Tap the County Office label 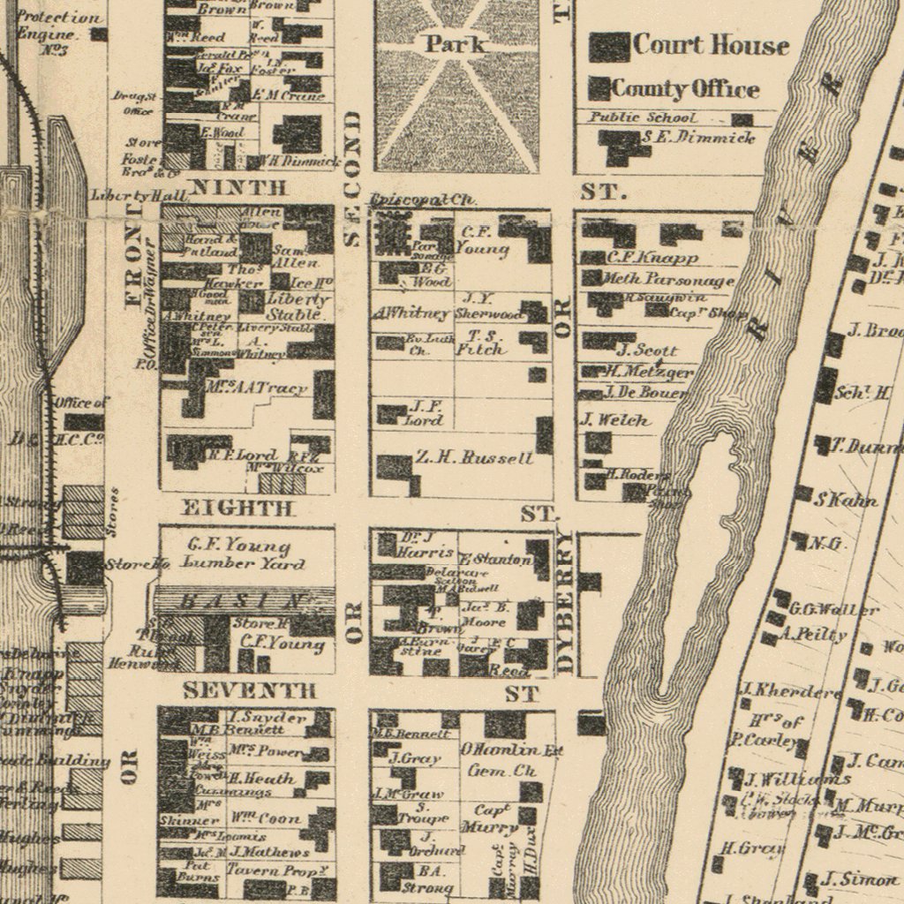685,88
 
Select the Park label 456,43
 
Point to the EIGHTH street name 236,508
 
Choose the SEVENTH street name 250,690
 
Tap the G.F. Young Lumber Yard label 244,554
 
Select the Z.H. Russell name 474,457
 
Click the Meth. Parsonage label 668,279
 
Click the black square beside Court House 609,47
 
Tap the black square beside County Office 599,88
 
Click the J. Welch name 615,420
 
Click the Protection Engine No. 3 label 59,33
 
